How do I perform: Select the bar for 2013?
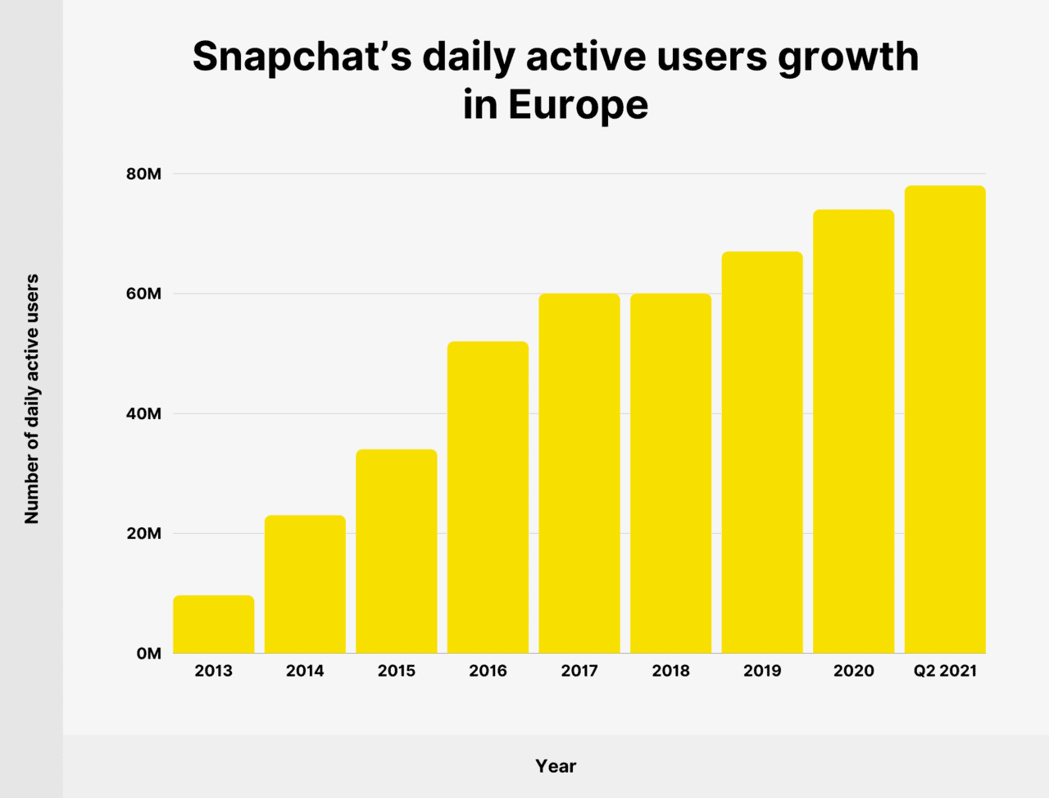(x=213, y=624)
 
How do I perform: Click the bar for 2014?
(x=305, y=584)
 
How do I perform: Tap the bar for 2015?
(x=397, y=551)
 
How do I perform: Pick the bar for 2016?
(x=488, y=497)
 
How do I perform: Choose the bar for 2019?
(x=762, y=452)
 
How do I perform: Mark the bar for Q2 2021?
(x=945, y=419)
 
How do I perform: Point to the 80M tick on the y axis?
(x=143, y=174)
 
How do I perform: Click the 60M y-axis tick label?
(x=143, y=294)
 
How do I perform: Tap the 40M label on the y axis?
(x=143, y=413)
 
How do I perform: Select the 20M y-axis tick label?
(x=143, y=533)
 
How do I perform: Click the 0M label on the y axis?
(x=148, y=654)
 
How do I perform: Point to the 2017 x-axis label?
(x=579, y=671)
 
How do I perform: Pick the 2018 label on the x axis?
(x=670, y=671)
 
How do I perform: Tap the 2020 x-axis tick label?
(x=854, y=671)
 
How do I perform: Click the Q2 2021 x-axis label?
(x=945, y=671)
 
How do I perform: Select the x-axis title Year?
(x=556, y=766)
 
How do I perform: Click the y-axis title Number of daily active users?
(x=32, y=399)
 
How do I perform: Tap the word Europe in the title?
(x=578, y=105)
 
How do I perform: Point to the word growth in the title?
(x=848, y=57)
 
